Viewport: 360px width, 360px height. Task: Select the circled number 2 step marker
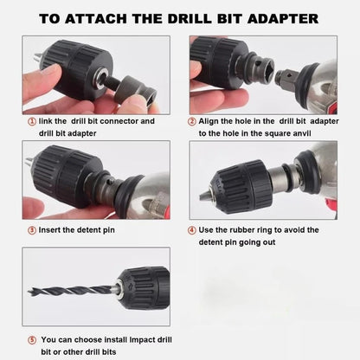click(191, 122)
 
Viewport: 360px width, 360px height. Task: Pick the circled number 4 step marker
click(191, 230)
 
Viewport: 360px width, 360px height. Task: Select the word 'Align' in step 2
click(212, 122)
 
